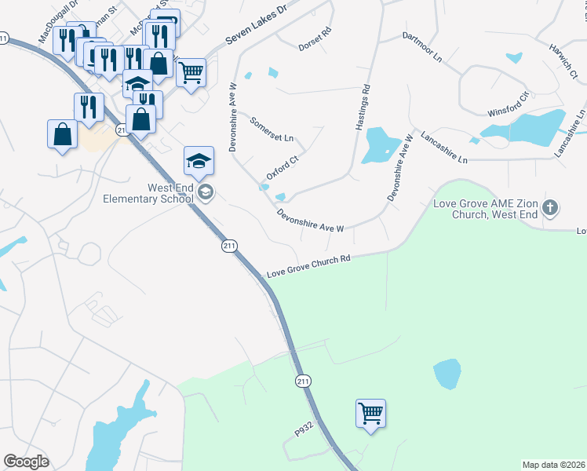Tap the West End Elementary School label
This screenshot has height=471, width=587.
point(148,192)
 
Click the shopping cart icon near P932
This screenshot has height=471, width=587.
point(370,412)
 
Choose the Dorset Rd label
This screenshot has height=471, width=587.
point(315,40)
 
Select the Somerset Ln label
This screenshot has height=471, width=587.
point(271,129)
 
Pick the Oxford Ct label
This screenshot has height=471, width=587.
point(283,167)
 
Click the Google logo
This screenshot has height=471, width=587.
point(26,461)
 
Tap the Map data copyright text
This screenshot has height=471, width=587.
point(553,465)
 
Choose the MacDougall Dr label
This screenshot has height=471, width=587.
point(60,24)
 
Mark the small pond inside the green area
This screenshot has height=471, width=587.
point(447,374)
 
